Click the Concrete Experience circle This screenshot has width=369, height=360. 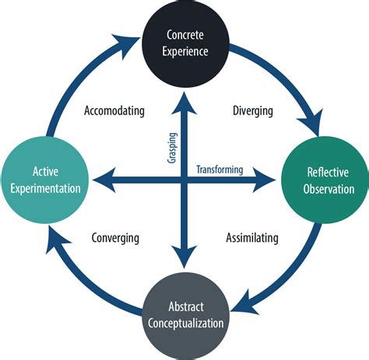185,44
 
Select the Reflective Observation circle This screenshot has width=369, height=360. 325,180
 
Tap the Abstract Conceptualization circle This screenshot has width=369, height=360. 186,316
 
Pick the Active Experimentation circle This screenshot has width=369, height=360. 45,180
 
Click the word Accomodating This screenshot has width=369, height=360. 114,110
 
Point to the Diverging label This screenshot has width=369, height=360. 253,111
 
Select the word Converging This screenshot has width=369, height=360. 115,238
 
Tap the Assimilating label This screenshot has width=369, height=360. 252,238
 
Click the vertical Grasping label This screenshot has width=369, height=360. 172,148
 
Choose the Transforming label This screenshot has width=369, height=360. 220,170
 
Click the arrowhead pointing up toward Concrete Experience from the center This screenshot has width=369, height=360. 184,103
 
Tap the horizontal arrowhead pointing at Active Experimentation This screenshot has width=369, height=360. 104,180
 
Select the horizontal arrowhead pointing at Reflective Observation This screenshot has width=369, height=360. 264,180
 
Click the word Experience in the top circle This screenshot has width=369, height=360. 185,51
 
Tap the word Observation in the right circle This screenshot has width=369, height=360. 329,189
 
